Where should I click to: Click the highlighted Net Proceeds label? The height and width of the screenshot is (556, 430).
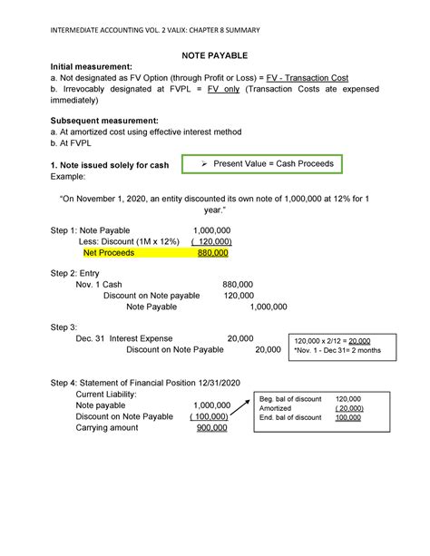point(109,253)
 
